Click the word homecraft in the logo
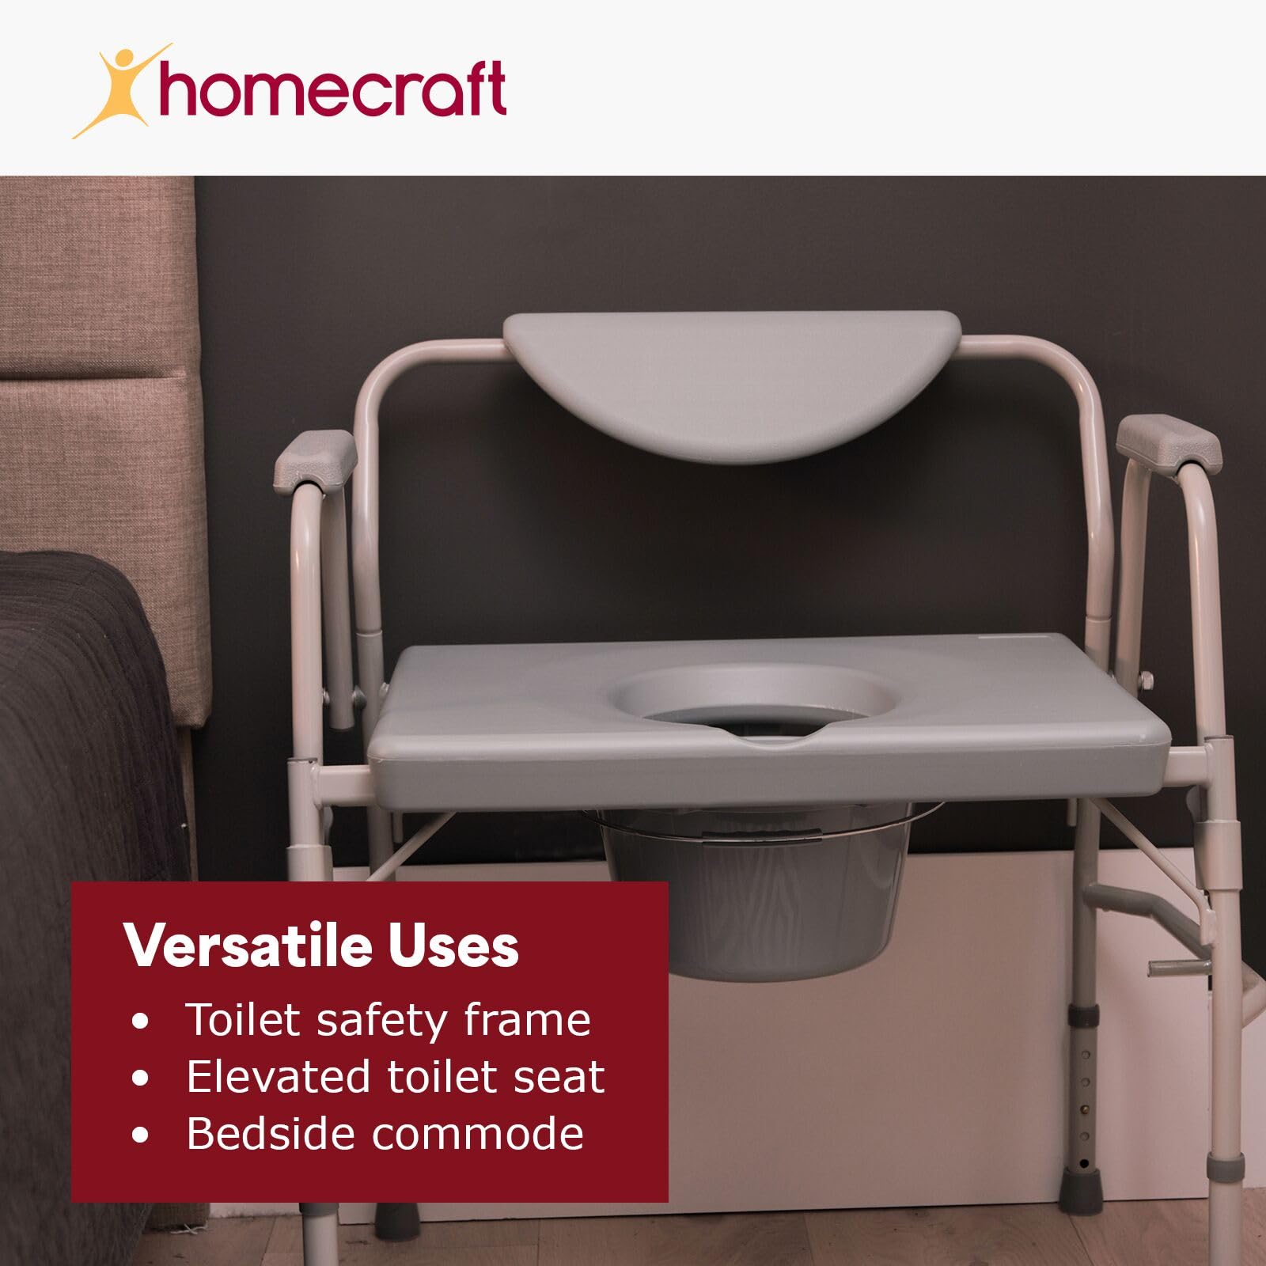coord(332,89)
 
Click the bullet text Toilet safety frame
coord(388,1019)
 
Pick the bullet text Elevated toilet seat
coord(395,1076)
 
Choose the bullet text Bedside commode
coord(385,1133)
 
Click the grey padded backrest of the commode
coord(732,380)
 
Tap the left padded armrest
coord(314,459)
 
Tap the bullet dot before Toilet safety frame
coord(141,1022)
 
